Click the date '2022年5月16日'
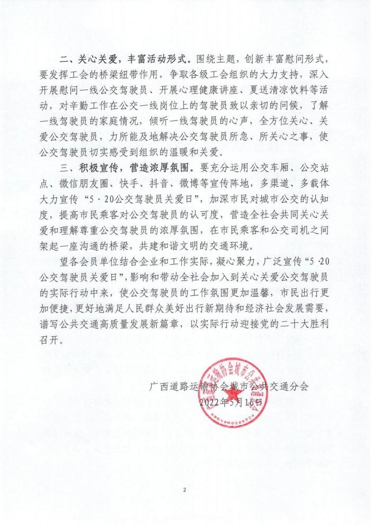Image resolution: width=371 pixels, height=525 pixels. pos(232,403)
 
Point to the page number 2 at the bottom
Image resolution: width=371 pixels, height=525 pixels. pos(185,490)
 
